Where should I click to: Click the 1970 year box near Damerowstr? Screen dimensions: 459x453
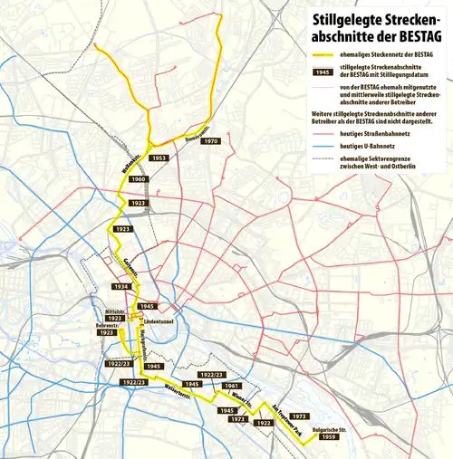click(x=210, y=142)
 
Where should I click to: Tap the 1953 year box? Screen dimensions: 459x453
click(x=159, y=158)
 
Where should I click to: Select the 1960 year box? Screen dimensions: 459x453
click(x=139, y=179)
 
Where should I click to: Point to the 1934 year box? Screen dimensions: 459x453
click(x=121, y=286)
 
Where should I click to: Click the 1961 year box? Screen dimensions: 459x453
click(x=231, y=386)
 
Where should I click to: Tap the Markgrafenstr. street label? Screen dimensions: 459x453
click(x=145, y=341)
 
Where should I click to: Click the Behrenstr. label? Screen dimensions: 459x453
click(x=108, y=324)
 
